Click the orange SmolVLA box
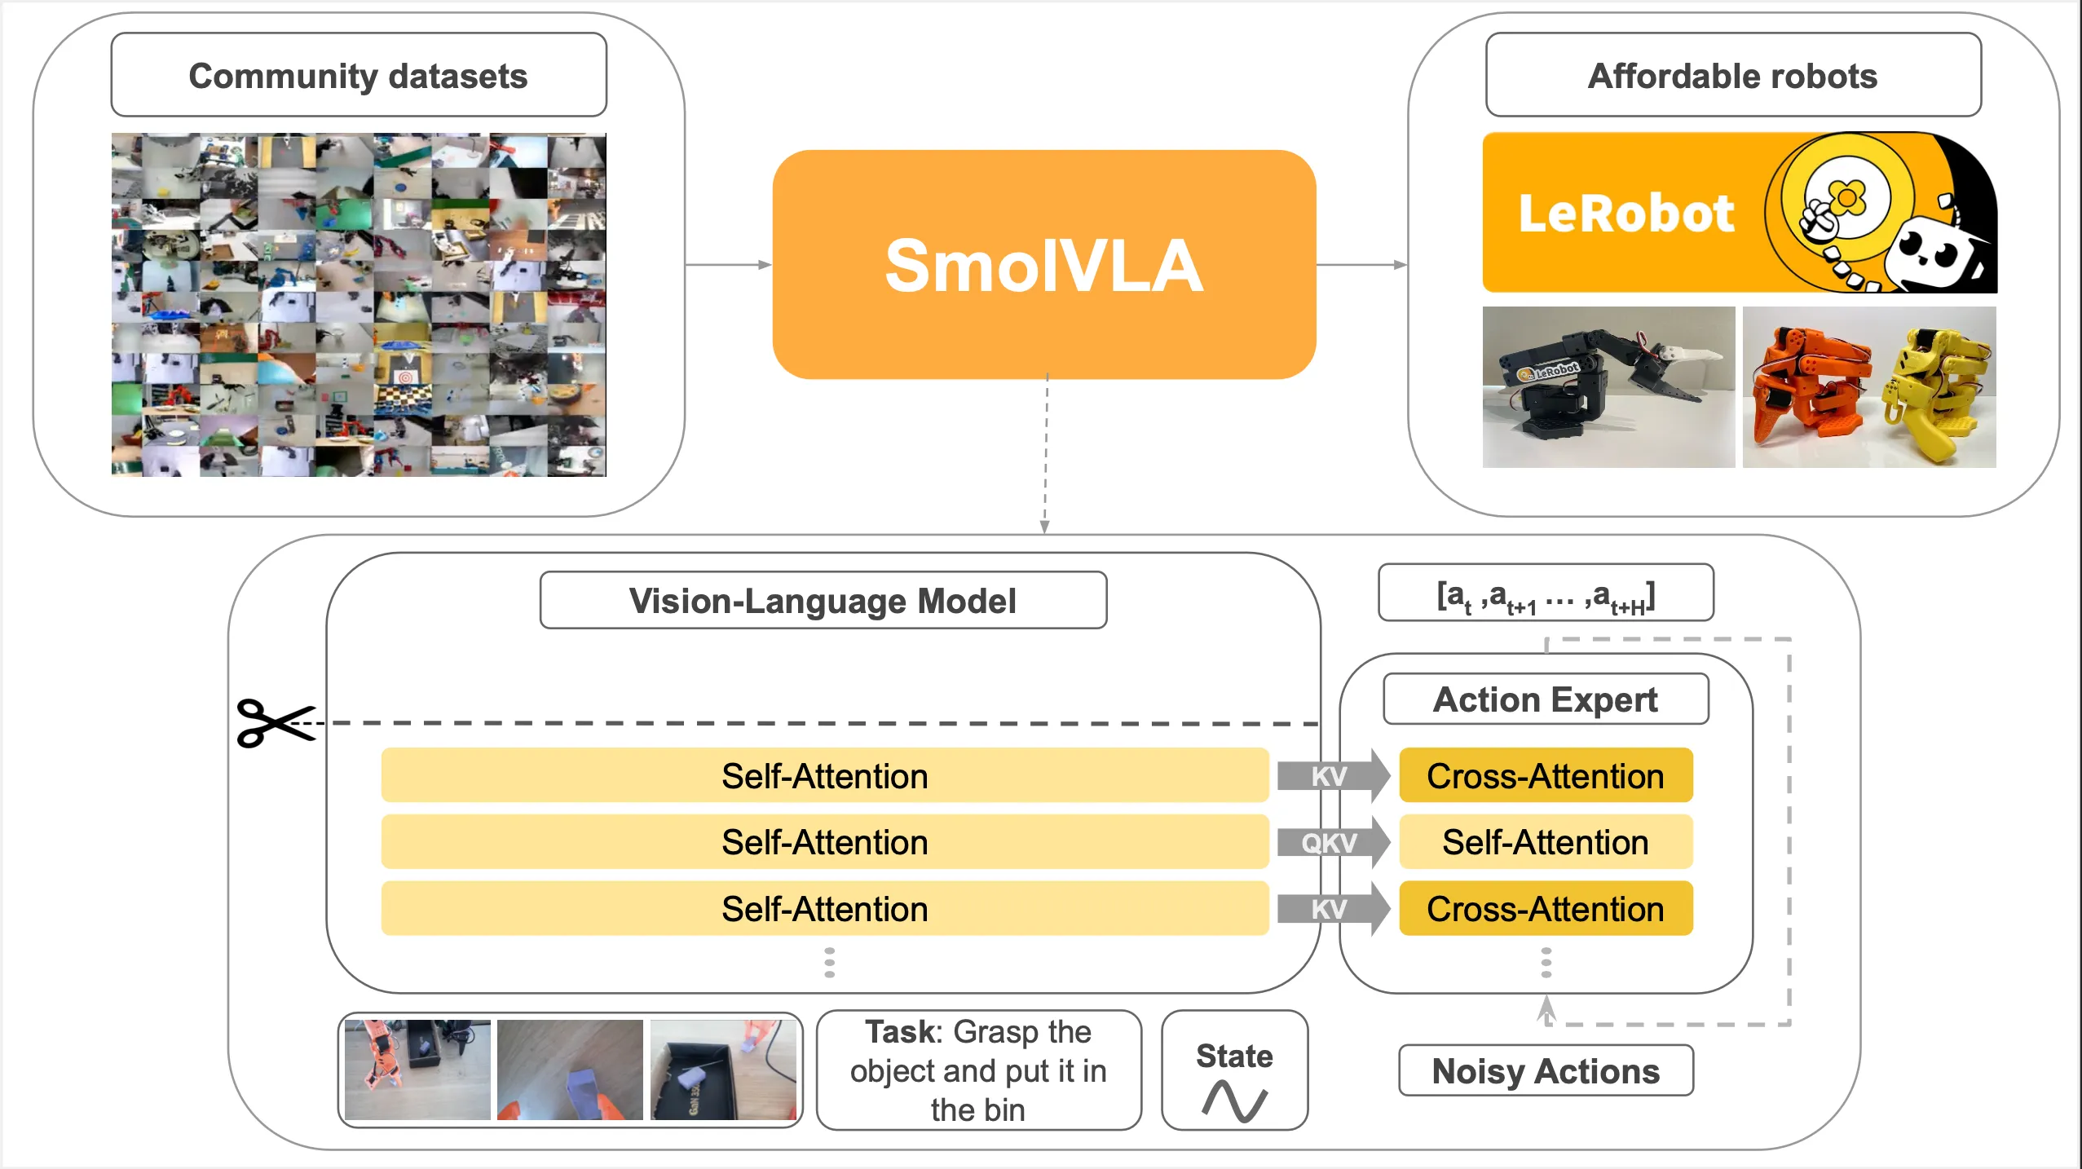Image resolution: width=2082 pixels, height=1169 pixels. coord(1043,264)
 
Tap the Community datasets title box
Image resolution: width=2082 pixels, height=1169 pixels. coord(359,75)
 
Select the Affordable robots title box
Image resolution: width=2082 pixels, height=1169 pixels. coord(1733,75)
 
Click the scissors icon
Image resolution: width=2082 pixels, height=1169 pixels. coord(276,722)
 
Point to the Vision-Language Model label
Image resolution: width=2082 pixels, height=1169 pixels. coord(823,601)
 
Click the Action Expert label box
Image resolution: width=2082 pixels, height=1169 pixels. coord(1546,699)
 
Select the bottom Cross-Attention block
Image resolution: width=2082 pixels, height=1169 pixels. coord(1546,908)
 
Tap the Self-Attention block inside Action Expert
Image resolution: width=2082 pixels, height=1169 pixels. coord(1546,842)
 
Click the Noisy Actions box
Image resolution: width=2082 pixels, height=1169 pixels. coord(1546,1070)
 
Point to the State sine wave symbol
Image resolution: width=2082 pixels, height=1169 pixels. coord(1234,1101)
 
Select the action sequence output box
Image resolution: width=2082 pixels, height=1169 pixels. coord(1546,593)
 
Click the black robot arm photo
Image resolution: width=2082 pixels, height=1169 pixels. coord(1608,386)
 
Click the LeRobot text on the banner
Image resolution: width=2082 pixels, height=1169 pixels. coord(1626,214)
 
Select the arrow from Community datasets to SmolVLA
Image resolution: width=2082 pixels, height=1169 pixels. coord(728,264)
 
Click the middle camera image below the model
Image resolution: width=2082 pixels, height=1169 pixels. coord(570,1070)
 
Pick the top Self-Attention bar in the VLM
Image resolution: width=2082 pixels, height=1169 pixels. coord(824,775)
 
